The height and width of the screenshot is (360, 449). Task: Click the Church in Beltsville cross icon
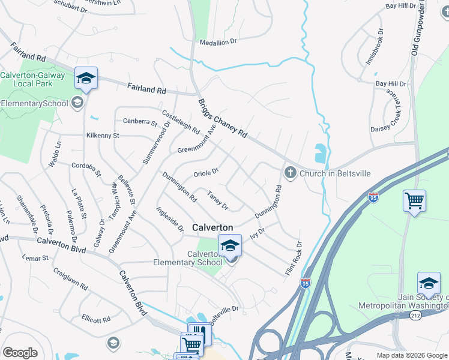coord(290,173)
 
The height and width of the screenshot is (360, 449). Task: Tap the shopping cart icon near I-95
coord(414,201)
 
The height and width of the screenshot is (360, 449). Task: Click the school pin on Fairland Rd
coord(86,79)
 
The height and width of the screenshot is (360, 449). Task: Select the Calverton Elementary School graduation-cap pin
coord(229,245)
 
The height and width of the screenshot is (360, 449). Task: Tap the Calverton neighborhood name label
coord(212,228)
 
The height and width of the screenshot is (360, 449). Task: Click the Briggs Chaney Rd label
coord(223,118)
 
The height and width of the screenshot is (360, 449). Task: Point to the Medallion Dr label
coord(219,42)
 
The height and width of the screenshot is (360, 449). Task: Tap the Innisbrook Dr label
coord(374,46)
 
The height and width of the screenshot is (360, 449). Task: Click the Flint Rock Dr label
coord(294,258)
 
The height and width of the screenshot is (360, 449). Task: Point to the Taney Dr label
coord(218,201)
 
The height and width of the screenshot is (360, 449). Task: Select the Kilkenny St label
coord(103,136)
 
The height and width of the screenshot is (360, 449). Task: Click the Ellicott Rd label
coord(97,319)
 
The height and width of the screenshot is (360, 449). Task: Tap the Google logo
coord(20,352)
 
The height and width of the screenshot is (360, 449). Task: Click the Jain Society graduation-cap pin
coord(429,283)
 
